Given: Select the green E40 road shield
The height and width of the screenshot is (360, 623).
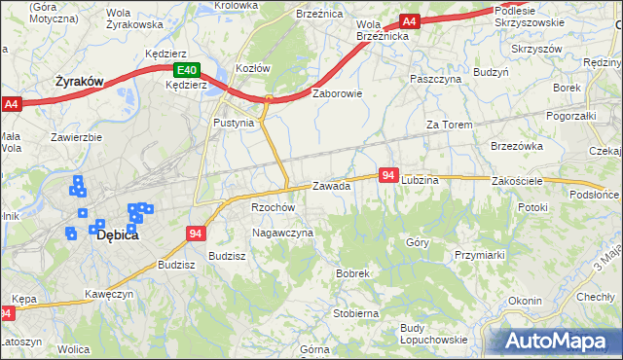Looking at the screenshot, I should pos(187,70).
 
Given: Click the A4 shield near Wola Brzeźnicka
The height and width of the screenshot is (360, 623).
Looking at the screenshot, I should pos(409,21).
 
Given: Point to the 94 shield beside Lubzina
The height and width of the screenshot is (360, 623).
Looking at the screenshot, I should pos(388,175).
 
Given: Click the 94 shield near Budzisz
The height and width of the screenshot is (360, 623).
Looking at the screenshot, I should pos(196,234).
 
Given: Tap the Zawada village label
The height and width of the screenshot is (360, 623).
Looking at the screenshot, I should pos(331,186).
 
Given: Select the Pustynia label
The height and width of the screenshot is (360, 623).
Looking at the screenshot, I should pos(234,124).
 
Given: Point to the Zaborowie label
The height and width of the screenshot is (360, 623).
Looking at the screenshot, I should pos(337,94).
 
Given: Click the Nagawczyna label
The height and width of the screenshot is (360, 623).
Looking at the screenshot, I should pos(282,234).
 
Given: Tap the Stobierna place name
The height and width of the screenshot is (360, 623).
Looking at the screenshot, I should pos(355,313).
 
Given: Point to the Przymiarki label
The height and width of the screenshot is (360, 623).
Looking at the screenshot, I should pos(478,254).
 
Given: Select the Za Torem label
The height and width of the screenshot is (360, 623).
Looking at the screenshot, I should pos(449,126).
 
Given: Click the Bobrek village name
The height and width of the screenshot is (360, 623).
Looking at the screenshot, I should pos(352,274).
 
